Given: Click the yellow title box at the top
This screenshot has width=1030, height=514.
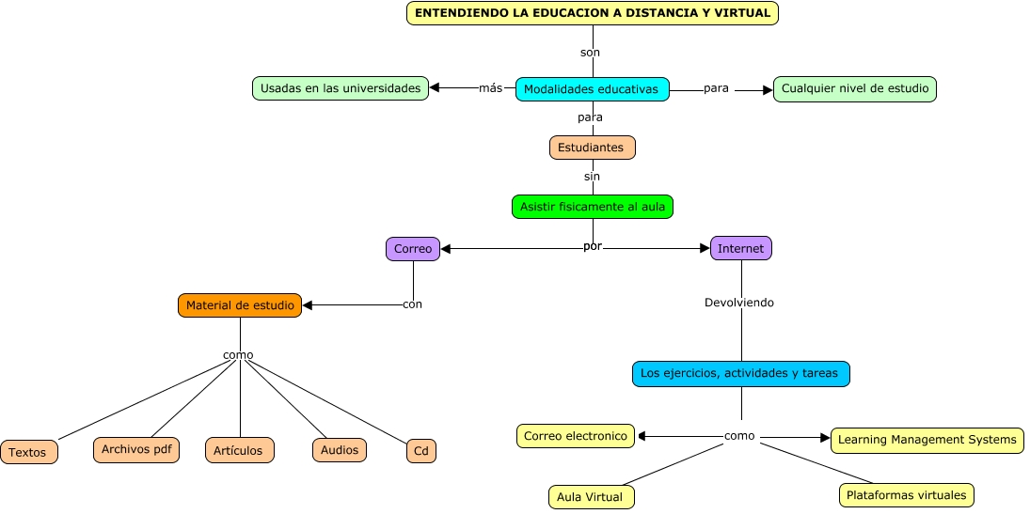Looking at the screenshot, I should tap(593, 13).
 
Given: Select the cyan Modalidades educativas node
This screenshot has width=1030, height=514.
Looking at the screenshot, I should tap(592, 89).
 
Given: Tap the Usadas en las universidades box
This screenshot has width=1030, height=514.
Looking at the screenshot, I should tap(341, 88).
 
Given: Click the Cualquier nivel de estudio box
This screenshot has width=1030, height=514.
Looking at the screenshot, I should tap(854, 89).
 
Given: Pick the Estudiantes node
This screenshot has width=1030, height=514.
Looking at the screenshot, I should tap(592, 148).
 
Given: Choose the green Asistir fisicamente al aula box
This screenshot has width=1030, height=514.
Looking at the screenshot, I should tap(593, 206).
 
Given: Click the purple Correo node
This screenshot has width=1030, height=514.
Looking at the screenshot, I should tap(413, 249).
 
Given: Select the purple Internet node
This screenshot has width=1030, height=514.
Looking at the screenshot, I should tap(740, 249).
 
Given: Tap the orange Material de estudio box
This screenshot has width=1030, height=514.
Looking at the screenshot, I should tap(240, 305).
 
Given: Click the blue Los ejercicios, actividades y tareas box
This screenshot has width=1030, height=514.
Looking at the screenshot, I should tap(740, 373).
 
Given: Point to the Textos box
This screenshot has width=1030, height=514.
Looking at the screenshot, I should tap(29, 452).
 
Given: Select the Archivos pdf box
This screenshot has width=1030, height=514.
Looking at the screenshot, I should tap(136, 449).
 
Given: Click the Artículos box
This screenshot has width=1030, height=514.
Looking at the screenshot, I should tap(239, 450).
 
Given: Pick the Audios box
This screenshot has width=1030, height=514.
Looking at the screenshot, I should tap(340, 450).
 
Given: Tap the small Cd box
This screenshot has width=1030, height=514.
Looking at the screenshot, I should tap(421, 451).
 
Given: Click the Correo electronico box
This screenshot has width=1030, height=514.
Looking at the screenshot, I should tap(575, 436).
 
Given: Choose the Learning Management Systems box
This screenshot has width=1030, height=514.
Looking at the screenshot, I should tap(927, 440).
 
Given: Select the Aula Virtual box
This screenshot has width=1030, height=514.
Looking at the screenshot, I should tap(591, 496).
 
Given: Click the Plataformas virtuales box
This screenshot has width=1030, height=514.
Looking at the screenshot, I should tap(906, 494).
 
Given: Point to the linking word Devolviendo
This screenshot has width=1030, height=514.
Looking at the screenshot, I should tap(739, 303).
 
